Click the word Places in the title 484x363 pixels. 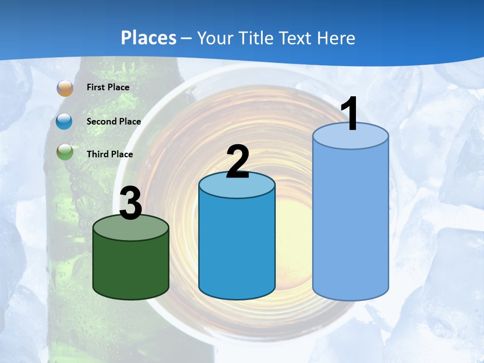[148, 38]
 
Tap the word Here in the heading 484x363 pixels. [337, 38]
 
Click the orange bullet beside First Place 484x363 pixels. [65, 88]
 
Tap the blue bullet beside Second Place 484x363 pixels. [65, 122]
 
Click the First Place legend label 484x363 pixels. [108, 87]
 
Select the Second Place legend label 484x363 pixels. [113, 122]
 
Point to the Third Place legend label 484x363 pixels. [109, 154]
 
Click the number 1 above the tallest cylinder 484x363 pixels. [350, 114]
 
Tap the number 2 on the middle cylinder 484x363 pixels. [237, 162]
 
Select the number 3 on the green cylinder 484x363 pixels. [131, 204]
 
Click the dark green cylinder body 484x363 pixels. [131, 267]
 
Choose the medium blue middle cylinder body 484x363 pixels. [237, 247]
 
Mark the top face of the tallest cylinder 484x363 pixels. [350, 136]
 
